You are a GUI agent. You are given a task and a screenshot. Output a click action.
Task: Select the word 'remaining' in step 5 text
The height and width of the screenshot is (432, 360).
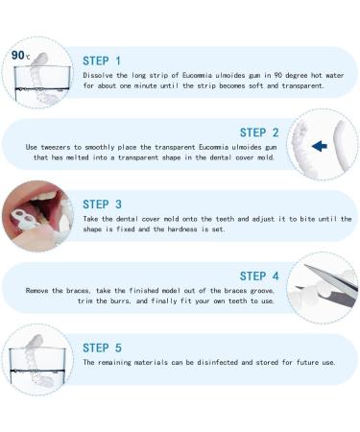point(118,363)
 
